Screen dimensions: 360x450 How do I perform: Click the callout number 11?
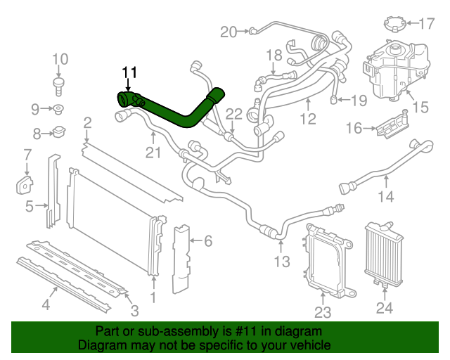[x=129, y=72]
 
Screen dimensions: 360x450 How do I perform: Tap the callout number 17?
[x=427, y=24]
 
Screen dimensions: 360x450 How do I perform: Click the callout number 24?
[x=385, y=307]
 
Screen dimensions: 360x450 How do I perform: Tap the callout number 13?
[x=281, y=262]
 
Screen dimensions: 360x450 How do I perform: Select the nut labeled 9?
[x=59, y=109]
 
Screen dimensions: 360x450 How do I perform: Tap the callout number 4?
[x=46, y=305]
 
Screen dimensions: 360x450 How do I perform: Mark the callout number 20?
[x=229, y=31]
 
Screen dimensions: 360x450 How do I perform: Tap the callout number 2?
[x=87, y=124]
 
